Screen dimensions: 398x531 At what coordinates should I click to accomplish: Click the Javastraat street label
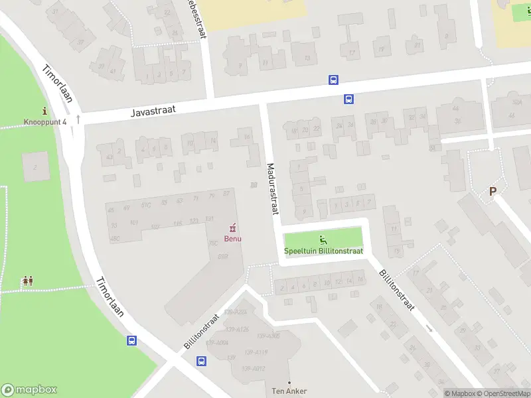click(x=153, y=111)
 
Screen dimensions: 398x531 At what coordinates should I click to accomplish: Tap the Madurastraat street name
click(x=271, y=189)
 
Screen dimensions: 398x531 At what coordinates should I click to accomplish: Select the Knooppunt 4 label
click(x=45, y=122)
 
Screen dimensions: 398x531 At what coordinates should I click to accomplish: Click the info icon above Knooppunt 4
click(x=44, y=111)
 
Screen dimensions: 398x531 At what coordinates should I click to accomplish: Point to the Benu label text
click(x=232, y=239)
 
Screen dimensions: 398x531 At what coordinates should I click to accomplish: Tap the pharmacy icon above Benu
click(x=232, y=228)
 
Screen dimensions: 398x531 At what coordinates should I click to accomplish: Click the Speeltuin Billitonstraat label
click(x=324, y=251)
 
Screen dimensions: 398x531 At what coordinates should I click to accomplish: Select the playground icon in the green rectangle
click(x=324, y=240)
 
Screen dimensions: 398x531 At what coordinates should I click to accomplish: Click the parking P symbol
click(x=493, y=191)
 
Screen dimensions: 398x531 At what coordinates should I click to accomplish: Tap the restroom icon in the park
click(x=27, y=281)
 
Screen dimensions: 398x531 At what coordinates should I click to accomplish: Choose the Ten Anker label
click(x=289, y=391)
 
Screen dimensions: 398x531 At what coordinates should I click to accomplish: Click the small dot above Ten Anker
click(x=289, y=382)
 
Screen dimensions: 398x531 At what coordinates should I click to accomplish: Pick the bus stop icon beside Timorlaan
click(x=131, y=341)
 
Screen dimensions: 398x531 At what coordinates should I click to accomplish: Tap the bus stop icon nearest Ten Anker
click(x=201, y=361)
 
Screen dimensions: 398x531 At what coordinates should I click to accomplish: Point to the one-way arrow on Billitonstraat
click(x=429, y=328)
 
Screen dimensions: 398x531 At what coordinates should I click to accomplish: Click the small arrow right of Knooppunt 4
click(x=78, y=119)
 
